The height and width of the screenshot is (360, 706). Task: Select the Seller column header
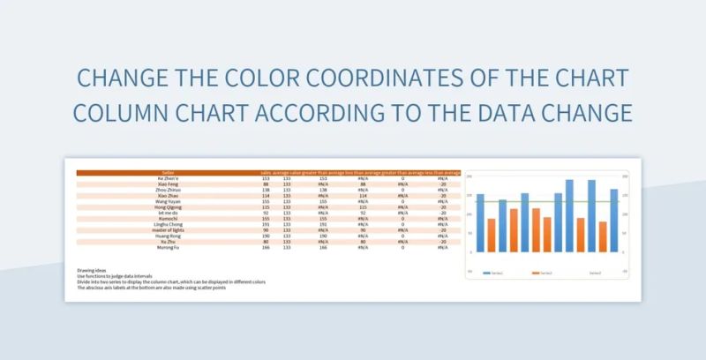point(168,173)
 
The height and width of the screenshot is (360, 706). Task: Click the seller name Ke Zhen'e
point(168,178)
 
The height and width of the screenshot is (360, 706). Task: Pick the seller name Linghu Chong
point(168,225)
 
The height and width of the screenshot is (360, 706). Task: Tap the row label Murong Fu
point(168,247)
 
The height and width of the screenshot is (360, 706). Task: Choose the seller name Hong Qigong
point(168,207)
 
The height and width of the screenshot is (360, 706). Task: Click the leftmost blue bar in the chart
point(480,224)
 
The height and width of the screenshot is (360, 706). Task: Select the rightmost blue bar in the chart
point(613,221)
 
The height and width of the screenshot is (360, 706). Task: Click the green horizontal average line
point(547,203)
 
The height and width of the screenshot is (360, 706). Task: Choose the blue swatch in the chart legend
point(487,274)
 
